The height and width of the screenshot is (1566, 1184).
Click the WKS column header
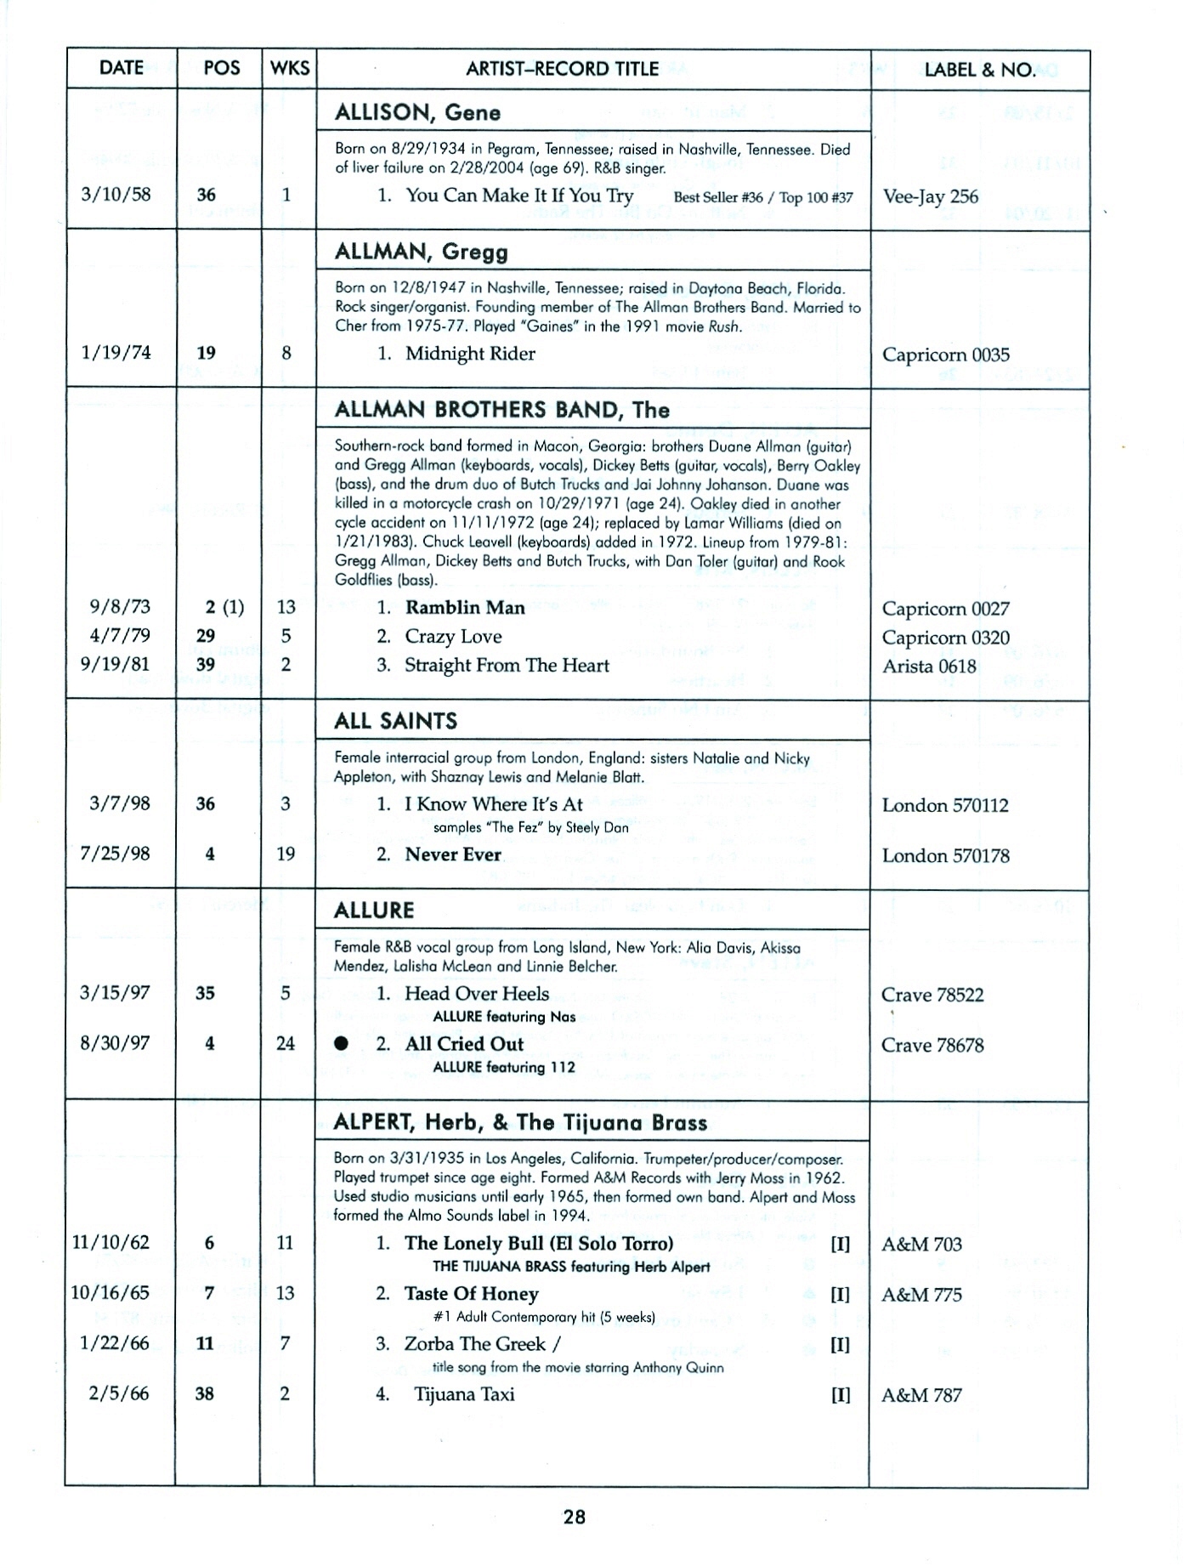coord(289,69)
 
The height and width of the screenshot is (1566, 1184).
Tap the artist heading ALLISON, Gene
coord(417,112)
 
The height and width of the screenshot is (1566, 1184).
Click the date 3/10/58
coord(116,194)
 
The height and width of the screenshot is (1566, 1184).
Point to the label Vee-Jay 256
coord(930,196)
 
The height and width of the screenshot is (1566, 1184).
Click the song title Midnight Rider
coord(470,354)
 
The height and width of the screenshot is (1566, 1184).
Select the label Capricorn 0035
coord(945,355)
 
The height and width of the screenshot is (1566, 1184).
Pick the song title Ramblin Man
coord(465,608)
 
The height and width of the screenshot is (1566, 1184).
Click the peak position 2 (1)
coord(224,607)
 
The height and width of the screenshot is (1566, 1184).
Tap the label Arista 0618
coord(929,667)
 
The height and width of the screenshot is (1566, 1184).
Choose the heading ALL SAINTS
coord(396,721)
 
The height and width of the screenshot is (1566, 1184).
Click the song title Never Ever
coord(453,854)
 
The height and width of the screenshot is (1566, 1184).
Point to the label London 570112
coord(945,805)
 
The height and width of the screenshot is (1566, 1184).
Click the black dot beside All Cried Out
coord(341,1044)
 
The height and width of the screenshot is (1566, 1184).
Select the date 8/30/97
coord(115,1043)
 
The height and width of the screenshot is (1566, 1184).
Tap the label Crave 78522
coord(932,995)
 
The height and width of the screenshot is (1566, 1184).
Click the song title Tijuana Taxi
coord(464,1394)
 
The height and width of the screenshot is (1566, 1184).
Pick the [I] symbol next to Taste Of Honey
coord(840,1295)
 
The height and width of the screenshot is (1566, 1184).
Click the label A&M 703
coord(921,1245)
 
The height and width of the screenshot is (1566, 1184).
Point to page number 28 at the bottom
coord(575,1517)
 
